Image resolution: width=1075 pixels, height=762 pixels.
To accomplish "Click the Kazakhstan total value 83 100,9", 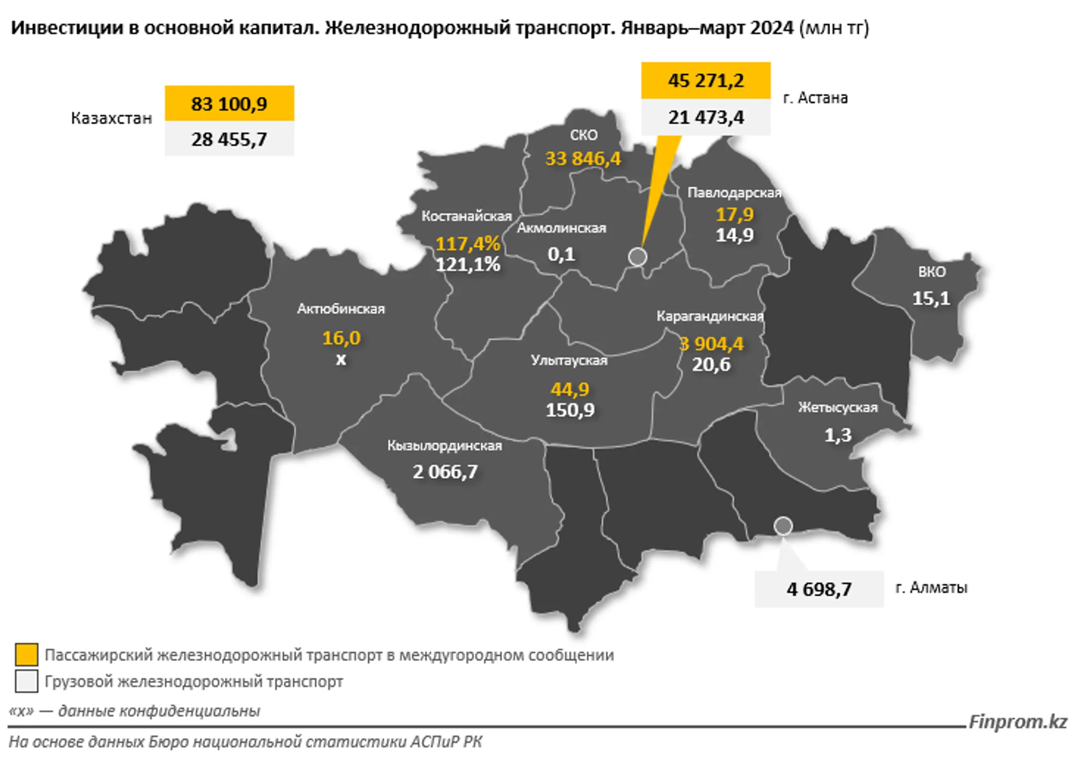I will pyautogui.click(x=229, y=104).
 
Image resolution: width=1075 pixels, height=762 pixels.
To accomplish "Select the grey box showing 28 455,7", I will pyautogui.click(x=229, y=139).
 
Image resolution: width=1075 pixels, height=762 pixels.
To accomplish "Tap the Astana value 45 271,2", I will pyautogui.click(x=706, y=81).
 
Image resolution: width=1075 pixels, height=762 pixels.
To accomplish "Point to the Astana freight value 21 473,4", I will pyautogui.click(x=706, y=117).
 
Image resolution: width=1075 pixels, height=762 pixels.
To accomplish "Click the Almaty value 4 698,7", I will pyautogui.click(x=819, y=590).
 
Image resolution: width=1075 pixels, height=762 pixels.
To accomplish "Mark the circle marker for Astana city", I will pyautogui.click(x=638, y=257).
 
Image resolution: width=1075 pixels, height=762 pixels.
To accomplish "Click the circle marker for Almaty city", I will pyautogui.click(x=783, y=526).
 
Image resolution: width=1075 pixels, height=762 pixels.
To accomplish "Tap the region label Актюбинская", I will pyautogui.click(x=341, y=309).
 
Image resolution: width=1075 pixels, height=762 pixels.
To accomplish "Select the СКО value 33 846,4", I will pyautogui.click(x=583, y=159).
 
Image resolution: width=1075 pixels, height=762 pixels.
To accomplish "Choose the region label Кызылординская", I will pyautogui.click(x=444, y=445).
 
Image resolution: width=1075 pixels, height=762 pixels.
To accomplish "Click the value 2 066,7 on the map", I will pyautogui.click(x=445, y=472).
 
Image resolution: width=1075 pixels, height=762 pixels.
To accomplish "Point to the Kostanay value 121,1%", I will pyautogui.click(x=468, y=265).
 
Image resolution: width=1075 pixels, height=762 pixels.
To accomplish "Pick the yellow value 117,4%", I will pyautogui.click(x=468, y=244).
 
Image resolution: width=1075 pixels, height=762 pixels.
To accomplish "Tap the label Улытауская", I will pyautogui.click(x=569, y=360).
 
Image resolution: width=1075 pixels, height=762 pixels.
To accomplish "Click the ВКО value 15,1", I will pyautogui.click(x=931, y=299).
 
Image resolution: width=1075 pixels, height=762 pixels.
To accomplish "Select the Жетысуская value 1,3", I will pyautogui.click(x=838, y=435).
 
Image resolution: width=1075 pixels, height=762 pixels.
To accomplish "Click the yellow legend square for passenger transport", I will pyautogui.click(x=26, y=654).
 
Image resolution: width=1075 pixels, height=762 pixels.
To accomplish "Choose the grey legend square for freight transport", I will pyautogui.click(x=26, y=681).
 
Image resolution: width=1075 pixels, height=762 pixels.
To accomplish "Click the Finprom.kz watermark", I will pyautogui.click(x=1018, y=722).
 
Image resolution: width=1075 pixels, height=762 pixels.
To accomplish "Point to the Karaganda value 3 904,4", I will pyautogui.click(x=712, y=344).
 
